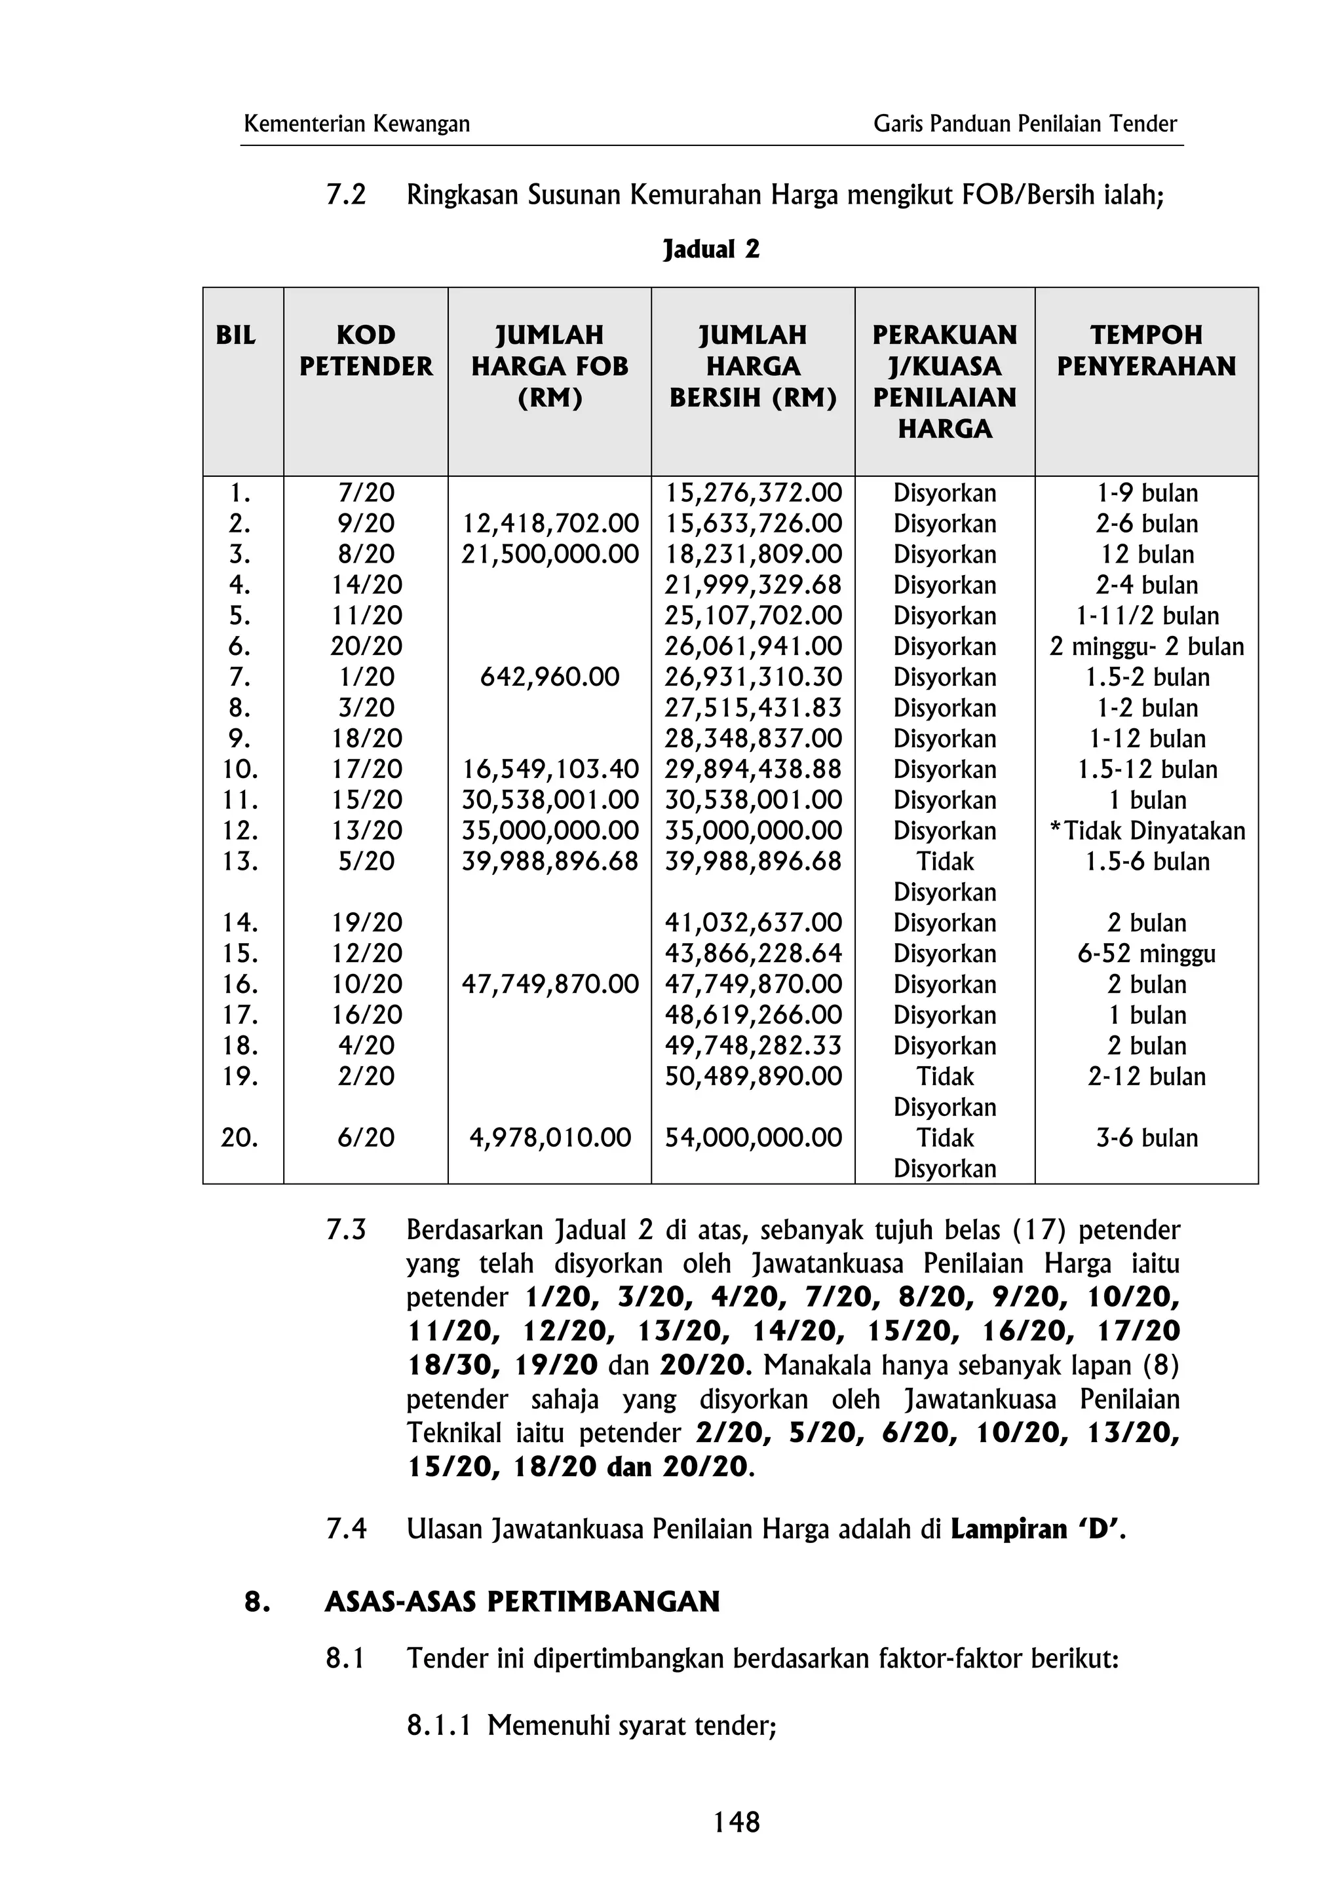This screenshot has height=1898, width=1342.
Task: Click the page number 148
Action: [736, 1822]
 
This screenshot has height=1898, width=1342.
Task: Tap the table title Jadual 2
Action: [711, 249]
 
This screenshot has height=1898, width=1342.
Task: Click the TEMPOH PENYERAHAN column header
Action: [1146, 350]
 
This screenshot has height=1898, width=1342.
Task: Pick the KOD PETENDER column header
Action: [366, 350]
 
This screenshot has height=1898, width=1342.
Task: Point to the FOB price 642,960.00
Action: [549, 677]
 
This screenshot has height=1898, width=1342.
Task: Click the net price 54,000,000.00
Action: [754, 1138]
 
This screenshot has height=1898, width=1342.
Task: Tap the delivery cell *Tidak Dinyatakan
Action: [1147, 831]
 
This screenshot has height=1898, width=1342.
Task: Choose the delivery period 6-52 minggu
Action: [1146, 954]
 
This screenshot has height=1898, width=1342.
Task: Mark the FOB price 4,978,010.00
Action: [549, 1138]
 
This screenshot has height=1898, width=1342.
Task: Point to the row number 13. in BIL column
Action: [240, 861]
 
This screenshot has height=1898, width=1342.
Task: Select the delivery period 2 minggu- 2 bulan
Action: [1146, 646]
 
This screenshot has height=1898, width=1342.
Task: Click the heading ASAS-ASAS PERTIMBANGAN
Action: [522, 1602]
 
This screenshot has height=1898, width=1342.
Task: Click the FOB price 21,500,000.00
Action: [549, 555]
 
